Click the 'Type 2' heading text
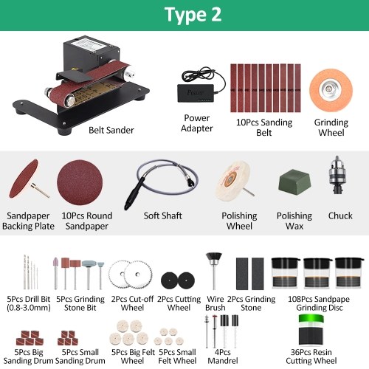[x=193, y=15]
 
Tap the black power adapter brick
[x=196, y=93]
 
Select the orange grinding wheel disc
[x=331, y=91]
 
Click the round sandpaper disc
[x=80, y=182]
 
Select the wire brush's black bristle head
[x=214, y=258]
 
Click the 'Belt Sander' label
[x=111, y=130]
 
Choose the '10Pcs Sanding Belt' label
[x=264, y=128]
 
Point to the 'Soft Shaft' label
[x=163, y=215]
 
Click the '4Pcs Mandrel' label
[x=223, y=356]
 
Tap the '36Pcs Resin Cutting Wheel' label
[x=311, y=356]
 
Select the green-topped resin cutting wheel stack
[x=311, y=330]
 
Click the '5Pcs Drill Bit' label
[x=29, y=299]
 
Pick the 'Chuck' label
[x=340, y=215]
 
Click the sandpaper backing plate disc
[x=24, y=179]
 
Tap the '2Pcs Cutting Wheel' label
[x=179, y=303]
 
